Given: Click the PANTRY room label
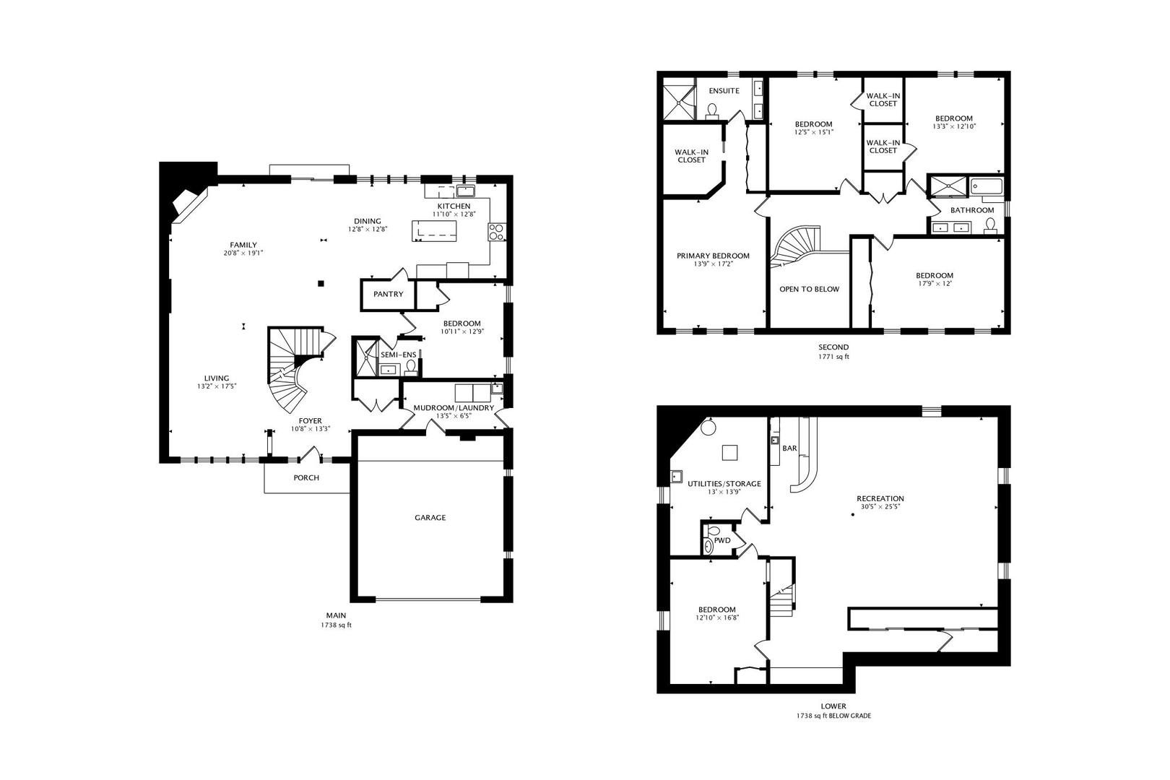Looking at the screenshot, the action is click(388, 294).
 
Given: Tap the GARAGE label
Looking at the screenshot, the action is click(430, 517).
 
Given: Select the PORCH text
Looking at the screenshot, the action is click(306, 477).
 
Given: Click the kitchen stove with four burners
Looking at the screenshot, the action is click(496, 232).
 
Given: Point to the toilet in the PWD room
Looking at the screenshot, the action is click(708, 547).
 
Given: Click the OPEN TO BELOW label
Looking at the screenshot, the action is click(809, 289).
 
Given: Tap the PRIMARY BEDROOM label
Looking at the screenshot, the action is click(713, 256).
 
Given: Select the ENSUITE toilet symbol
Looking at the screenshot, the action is click(711, 110).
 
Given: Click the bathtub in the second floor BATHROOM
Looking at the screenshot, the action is click(987, 186).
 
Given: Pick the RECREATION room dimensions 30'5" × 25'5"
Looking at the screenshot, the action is click(880, 506).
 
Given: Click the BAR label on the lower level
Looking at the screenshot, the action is click(790, 448).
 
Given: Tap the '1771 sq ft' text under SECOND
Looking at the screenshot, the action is click(833, 357).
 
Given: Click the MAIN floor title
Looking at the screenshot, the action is click(337, 615).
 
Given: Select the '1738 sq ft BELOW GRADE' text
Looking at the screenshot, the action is click(833, 716).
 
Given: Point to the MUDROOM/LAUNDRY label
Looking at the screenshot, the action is click(454, 407).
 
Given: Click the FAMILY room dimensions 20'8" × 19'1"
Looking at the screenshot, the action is click(243, 253).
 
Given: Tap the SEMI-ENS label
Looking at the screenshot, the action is click(399, 355).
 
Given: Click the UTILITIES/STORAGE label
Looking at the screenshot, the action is click(724, 484).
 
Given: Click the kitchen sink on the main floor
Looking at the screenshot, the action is click(465, 190).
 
